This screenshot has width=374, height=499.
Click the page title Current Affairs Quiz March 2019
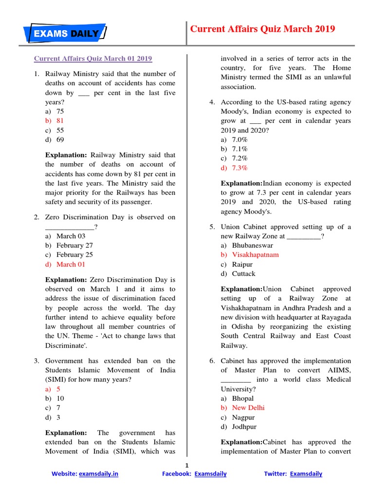(x=262, y=29)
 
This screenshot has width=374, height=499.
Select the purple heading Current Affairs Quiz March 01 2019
(x=93, y=58)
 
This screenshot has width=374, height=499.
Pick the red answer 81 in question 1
(x=60, y=120)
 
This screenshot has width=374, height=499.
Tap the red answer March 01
(x=71, y=264)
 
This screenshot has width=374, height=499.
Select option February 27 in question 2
(x=75, y=245)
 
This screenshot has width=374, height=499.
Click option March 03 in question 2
(x=71, y=236)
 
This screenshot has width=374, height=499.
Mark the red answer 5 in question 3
(x=58, y=389)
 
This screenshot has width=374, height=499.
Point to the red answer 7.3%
(x=240, y=168)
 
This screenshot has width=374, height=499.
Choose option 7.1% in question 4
(x=240, y=149)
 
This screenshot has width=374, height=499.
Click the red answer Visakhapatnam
(x=255, y=254)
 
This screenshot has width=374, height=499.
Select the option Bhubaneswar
(x=252, y=245)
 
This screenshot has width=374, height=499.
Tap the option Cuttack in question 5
(x=243, y=274)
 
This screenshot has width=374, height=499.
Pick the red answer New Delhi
(x=248, y=407)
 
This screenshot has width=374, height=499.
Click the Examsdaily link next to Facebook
(x=210, y=474)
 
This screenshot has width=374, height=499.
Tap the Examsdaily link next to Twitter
(x=306, y=474)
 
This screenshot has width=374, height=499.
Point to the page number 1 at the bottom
(x=187, y=464)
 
